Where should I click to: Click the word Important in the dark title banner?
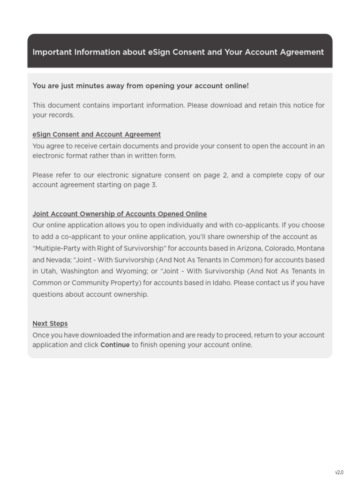coord(52,52)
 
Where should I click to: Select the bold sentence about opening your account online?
coord(141,86)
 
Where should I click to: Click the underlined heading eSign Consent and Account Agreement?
coord(97,135)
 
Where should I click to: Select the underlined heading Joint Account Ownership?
coord(120,214)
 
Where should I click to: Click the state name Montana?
coord(310,248)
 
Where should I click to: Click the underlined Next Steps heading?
coord(50,323)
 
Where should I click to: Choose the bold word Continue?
coord(115,345)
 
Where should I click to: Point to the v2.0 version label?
coord(339,472)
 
